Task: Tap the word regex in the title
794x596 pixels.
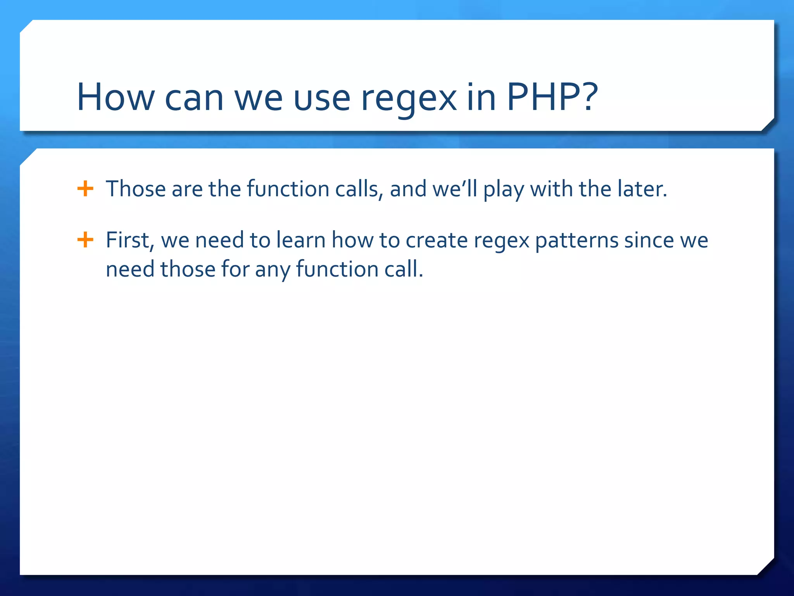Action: pos(409,99)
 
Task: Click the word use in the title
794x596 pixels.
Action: pos(322,99)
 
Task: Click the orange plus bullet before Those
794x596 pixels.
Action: pos(85,189)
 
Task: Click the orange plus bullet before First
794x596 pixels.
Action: pos(85,240)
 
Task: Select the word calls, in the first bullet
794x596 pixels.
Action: pos(359,189)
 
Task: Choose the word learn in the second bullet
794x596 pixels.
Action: pos(301,240)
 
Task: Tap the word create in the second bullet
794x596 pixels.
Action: pos(437,240)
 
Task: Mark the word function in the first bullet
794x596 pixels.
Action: pos(288,189)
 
